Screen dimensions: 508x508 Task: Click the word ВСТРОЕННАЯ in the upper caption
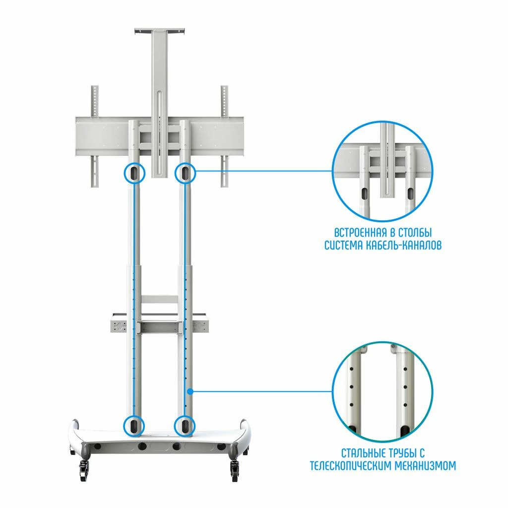tap(360, 233)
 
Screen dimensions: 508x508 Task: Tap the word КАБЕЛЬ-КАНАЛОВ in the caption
tap(404, 245)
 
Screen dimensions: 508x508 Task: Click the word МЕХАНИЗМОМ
tap(426, 465)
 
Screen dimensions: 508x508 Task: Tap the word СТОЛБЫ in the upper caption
tap(415, 233)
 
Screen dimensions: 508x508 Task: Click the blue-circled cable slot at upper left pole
tap(134, 173)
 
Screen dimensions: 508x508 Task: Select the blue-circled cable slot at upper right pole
tap(185, 173)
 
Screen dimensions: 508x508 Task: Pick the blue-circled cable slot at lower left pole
tap(134, 426)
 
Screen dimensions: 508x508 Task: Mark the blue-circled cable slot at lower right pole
tap(185, 426)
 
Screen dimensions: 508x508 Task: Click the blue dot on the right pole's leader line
tap(190, 391)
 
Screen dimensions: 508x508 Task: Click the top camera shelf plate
tap(159, 31)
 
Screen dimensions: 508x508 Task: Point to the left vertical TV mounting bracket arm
tap(94, 136)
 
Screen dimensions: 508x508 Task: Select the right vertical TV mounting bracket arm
tap(225, 136)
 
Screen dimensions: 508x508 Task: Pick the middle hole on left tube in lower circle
tap(351, 386)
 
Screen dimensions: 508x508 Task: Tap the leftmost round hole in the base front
tap(97, 446)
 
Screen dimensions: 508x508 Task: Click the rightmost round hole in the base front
tap(221, 446)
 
